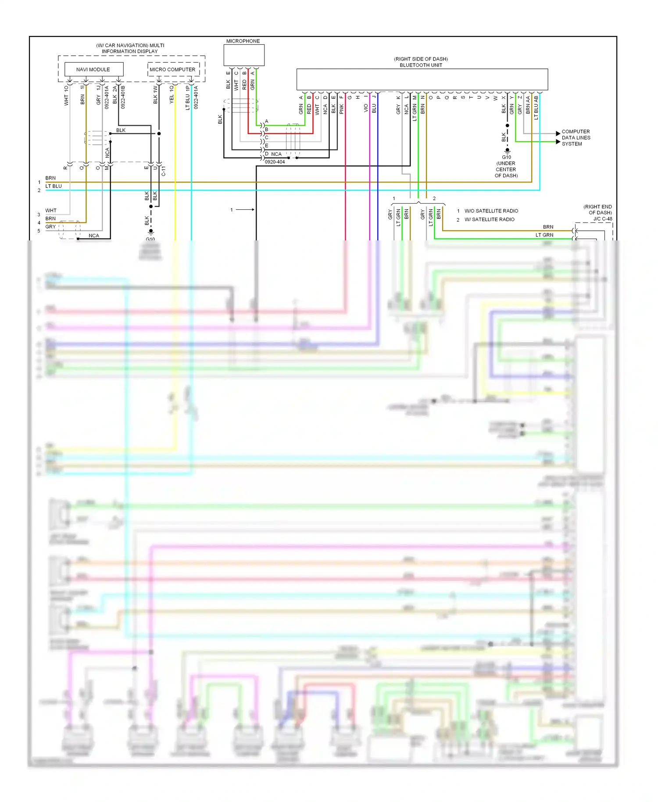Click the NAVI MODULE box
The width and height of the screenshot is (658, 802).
pyautogui.click(x=93, y=69)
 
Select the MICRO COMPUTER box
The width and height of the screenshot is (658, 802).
pyautogui.click(x=173, y=69)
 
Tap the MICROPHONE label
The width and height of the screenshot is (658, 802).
pyautogui.click(x=243, y=41)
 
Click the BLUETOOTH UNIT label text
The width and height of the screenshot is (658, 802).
pyautogui.click(x=421, y=65)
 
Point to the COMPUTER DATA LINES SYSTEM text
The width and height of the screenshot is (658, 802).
pyautogui.click(x=576, y=138)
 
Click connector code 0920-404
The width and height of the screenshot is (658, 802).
pyautogui.click(x=275, y=162)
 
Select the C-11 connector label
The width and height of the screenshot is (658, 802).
pyautogui.click(x=164, y=171)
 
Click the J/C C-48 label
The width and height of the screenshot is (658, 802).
pyautogui.click(x=603, y=218)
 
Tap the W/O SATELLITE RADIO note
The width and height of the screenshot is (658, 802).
pyautogui.click(x=491, y=211)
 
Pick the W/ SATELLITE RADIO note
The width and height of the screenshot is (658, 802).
pyautogui.click(x=489, y=219)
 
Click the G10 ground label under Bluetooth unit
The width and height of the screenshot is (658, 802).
pyautogui.click(x=506, y=157)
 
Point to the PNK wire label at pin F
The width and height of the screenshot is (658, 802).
pyautogui.click(x=342, y=109)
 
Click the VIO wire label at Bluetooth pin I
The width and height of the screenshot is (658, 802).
pyautogui.click(x=366, y=108)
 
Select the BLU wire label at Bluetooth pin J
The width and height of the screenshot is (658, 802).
pyautogui.click(x=374, y=108)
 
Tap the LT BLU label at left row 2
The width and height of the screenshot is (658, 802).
pyautogui.click(x=54, y=186)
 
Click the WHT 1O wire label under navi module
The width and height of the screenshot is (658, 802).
pyautogui.click(x=66, y=95)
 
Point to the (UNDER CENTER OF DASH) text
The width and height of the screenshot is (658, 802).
pyautogui.click(x=506, y=169)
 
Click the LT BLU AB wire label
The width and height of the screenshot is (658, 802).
pyautogui.click(x=536, y=108)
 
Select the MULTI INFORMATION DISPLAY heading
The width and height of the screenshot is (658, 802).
pyautogui.click(x=130, y=48)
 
